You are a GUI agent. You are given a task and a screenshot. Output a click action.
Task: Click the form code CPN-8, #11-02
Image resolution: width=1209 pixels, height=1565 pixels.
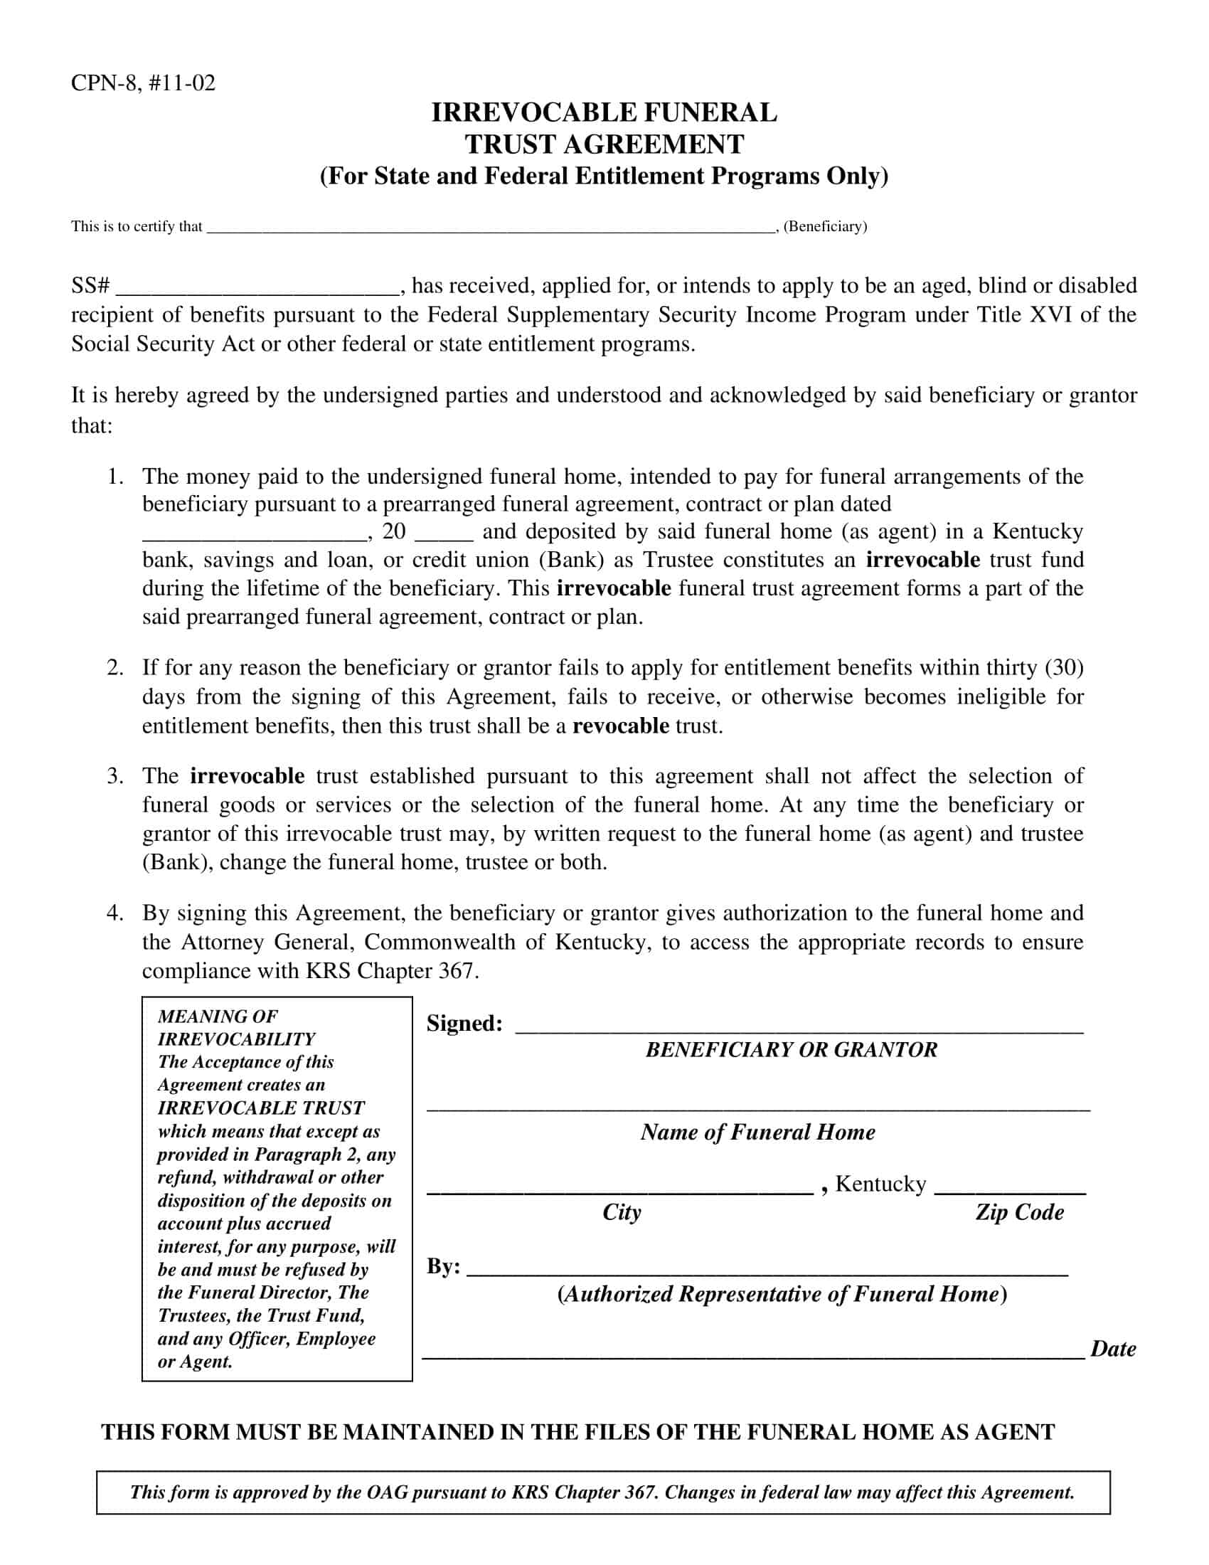142,83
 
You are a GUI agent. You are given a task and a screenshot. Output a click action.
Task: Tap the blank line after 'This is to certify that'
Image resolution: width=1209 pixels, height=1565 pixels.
490,228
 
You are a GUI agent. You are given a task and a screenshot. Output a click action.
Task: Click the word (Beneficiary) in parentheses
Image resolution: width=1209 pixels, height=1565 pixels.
825,226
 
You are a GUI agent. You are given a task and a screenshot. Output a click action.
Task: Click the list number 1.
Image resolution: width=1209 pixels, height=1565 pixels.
114,477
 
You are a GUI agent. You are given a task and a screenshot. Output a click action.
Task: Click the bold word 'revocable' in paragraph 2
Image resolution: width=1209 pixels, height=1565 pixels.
620,726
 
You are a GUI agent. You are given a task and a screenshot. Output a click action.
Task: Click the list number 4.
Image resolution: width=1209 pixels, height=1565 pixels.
114,913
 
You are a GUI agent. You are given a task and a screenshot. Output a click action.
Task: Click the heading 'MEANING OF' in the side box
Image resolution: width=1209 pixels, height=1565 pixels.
218,1016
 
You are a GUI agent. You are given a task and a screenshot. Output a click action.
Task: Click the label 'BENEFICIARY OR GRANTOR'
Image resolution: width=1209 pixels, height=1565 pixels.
791,1050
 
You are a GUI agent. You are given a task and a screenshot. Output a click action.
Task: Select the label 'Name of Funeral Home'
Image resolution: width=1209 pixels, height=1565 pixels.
758,1132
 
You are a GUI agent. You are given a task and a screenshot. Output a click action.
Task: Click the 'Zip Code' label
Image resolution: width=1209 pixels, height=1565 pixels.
1019,1212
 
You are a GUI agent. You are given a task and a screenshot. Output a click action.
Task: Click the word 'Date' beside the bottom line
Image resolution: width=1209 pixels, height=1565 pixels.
1113,1349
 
